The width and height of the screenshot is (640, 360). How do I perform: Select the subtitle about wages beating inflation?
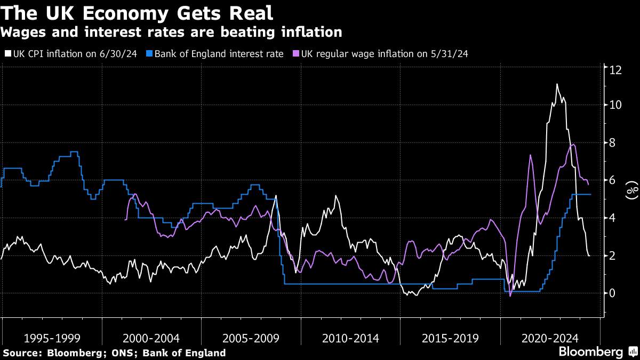[x=171, y=33]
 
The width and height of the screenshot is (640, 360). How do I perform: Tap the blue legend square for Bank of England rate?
[x=150, y=54]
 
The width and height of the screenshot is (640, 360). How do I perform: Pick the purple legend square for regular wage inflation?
[x=297, y=54]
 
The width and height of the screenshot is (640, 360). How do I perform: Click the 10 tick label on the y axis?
[x=615, y=105]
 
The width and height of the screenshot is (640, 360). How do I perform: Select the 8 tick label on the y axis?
[x=615, y=143]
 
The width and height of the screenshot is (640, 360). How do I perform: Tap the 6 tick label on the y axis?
[x=615, y=180]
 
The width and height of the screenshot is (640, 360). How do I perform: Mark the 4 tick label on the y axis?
[x=615, y=218]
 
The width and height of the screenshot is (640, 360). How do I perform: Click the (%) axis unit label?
[x=632, y=189]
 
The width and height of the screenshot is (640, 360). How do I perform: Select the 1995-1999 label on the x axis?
[x=52, y=338]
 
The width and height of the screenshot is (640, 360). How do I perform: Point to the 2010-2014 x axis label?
[x=350, y=338]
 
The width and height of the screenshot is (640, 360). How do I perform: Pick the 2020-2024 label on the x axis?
[x=550, y=338]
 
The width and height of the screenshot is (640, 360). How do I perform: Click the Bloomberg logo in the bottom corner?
[x=597, y=352]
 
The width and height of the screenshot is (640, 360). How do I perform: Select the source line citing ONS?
[x=114, y=353]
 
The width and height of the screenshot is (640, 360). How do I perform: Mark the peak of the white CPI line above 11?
[x=557, y=84]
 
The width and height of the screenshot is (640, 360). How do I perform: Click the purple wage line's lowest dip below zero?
[x=510, y=296]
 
